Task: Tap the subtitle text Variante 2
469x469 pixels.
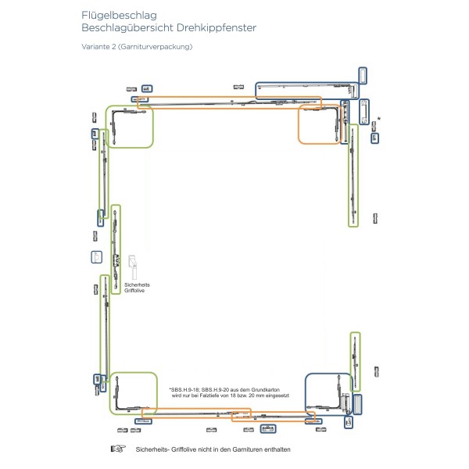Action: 100,47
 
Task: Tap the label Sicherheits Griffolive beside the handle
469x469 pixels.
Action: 138,288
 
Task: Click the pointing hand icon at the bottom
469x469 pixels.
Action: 118,449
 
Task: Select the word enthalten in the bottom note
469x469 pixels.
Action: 275,449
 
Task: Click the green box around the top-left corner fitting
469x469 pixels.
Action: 130,127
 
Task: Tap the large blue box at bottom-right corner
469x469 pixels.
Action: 329,399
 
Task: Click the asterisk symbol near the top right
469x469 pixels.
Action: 378,118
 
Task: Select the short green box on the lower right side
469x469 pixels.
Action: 356,361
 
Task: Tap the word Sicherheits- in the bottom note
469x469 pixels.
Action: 154,449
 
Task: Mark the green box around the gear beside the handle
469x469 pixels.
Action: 116,248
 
